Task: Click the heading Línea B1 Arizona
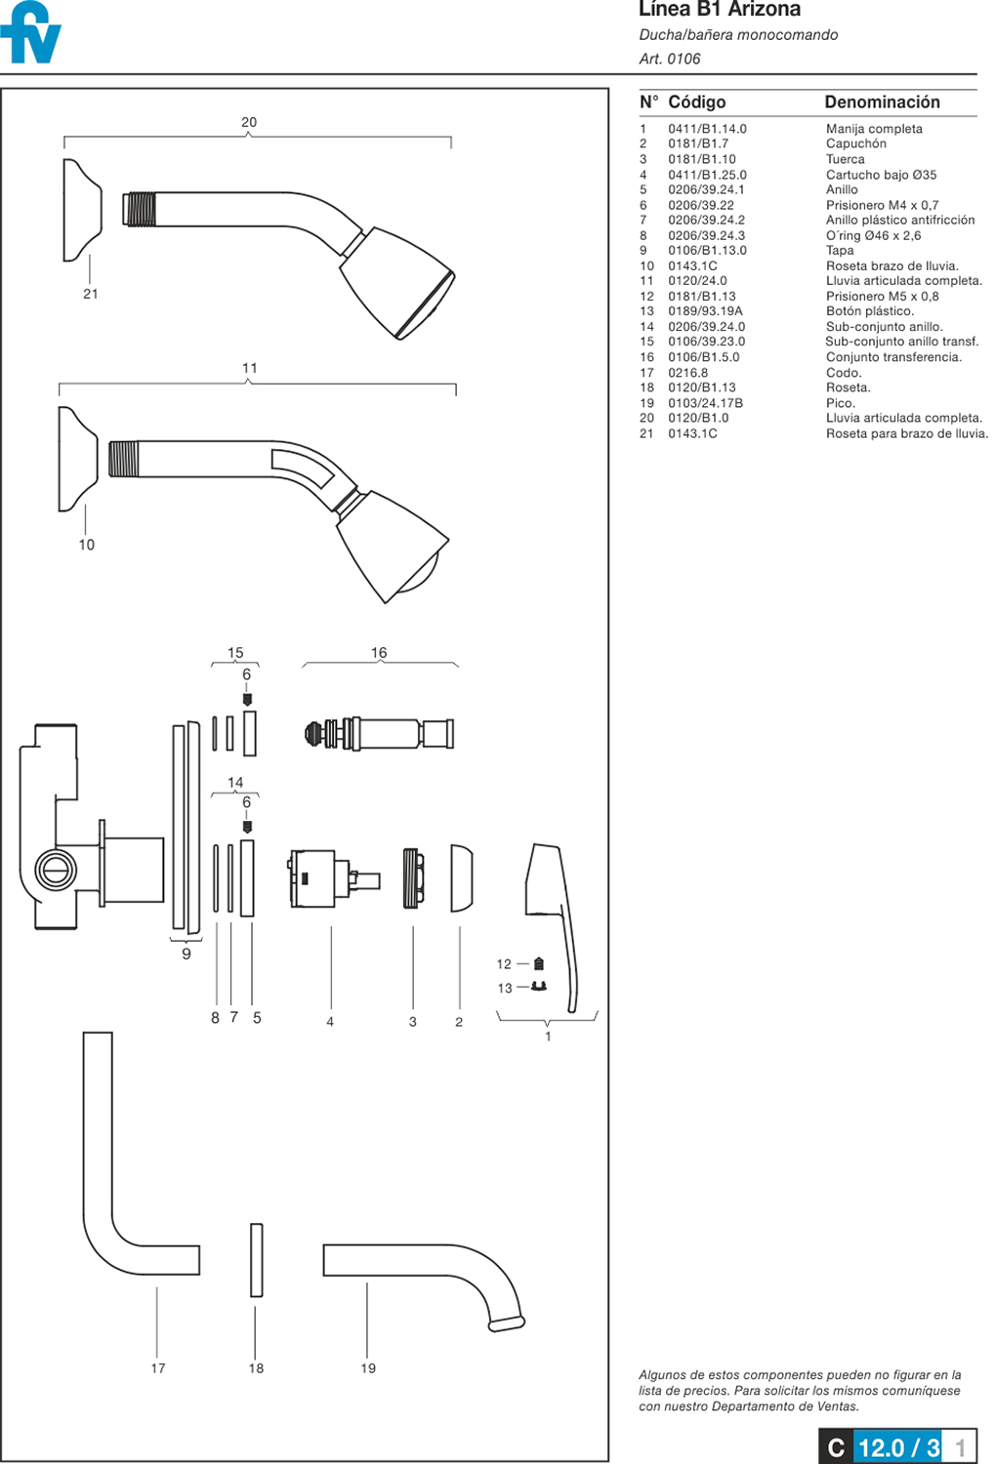[x=719, y=10]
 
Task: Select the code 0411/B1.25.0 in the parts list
[x=707, y=175]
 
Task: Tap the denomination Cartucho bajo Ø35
[x=881, y=175]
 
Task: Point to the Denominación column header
[x=882, y=102]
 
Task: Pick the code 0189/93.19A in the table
[x=705, y=311]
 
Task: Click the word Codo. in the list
[x=844, y=373]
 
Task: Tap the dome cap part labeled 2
[x=460, y=878]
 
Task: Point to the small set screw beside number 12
[x=539, y=963]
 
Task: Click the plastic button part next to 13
[x=538, y=987]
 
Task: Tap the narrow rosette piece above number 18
[x=256, y=1259]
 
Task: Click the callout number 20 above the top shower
[x=249, y=122]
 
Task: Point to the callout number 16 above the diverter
[x=379, y=652]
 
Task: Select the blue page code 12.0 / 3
[x=898, y=1447]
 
